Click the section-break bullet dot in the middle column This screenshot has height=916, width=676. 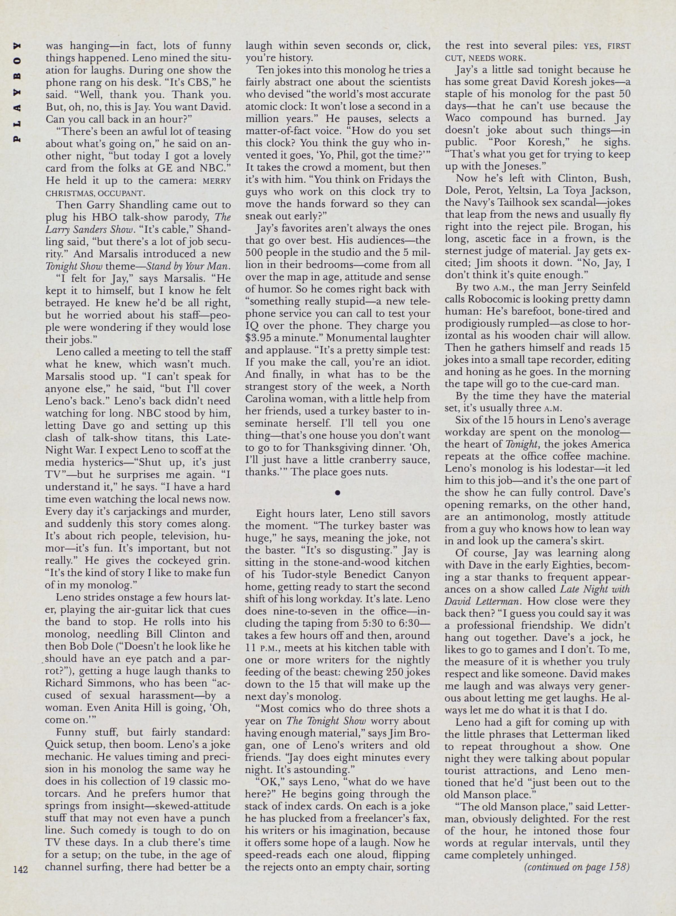[x=338, y=493]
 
